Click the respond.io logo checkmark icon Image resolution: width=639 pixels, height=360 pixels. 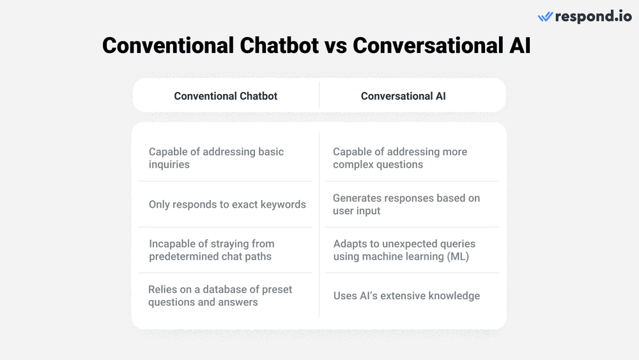(x=545, y=17)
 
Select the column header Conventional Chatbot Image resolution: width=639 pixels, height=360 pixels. (x=226, y=96)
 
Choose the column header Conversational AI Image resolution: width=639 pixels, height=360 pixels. (x=403, y=96)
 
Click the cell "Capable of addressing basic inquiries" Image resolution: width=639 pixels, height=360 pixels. (x=216, y=158)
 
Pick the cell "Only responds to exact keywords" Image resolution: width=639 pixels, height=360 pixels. (x=227, y=205)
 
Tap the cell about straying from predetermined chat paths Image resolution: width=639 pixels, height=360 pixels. (x=212, y=250)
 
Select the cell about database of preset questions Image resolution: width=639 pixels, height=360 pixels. (x=220, y=295)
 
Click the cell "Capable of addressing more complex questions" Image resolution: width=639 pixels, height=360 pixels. (x=399, y=158)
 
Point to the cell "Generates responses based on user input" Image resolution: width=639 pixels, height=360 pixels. (x=406, y=204)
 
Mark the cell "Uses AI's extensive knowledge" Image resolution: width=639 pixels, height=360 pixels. (x=406, y=296)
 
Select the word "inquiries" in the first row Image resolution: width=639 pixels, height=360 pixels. (x=169, y=164)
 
